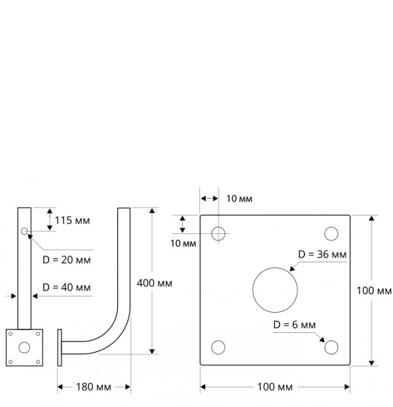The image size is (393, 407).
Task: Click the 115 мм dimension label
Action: click(x=72, y=221)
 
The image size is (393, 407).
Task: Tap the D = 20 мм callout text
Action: click(x=67, y=260)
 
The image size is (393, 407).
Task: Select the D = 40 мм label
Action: click(x=67, y=287)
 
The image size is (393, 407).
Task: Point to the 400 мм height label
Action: click(x=155, y=283)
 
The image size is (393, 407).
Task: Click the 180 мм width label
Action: click(x=94, y=387)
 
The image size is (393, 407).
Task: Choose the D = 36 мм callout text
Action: click(x=322, y=254)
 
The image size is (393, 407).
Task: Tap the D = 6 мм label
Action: click(x=295, y=324)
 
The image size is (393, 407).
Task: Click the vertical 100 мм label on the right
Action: click(x=374, y=291)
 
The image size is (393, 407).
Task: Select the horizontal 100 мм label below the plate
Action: click(x=275, y=387)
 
